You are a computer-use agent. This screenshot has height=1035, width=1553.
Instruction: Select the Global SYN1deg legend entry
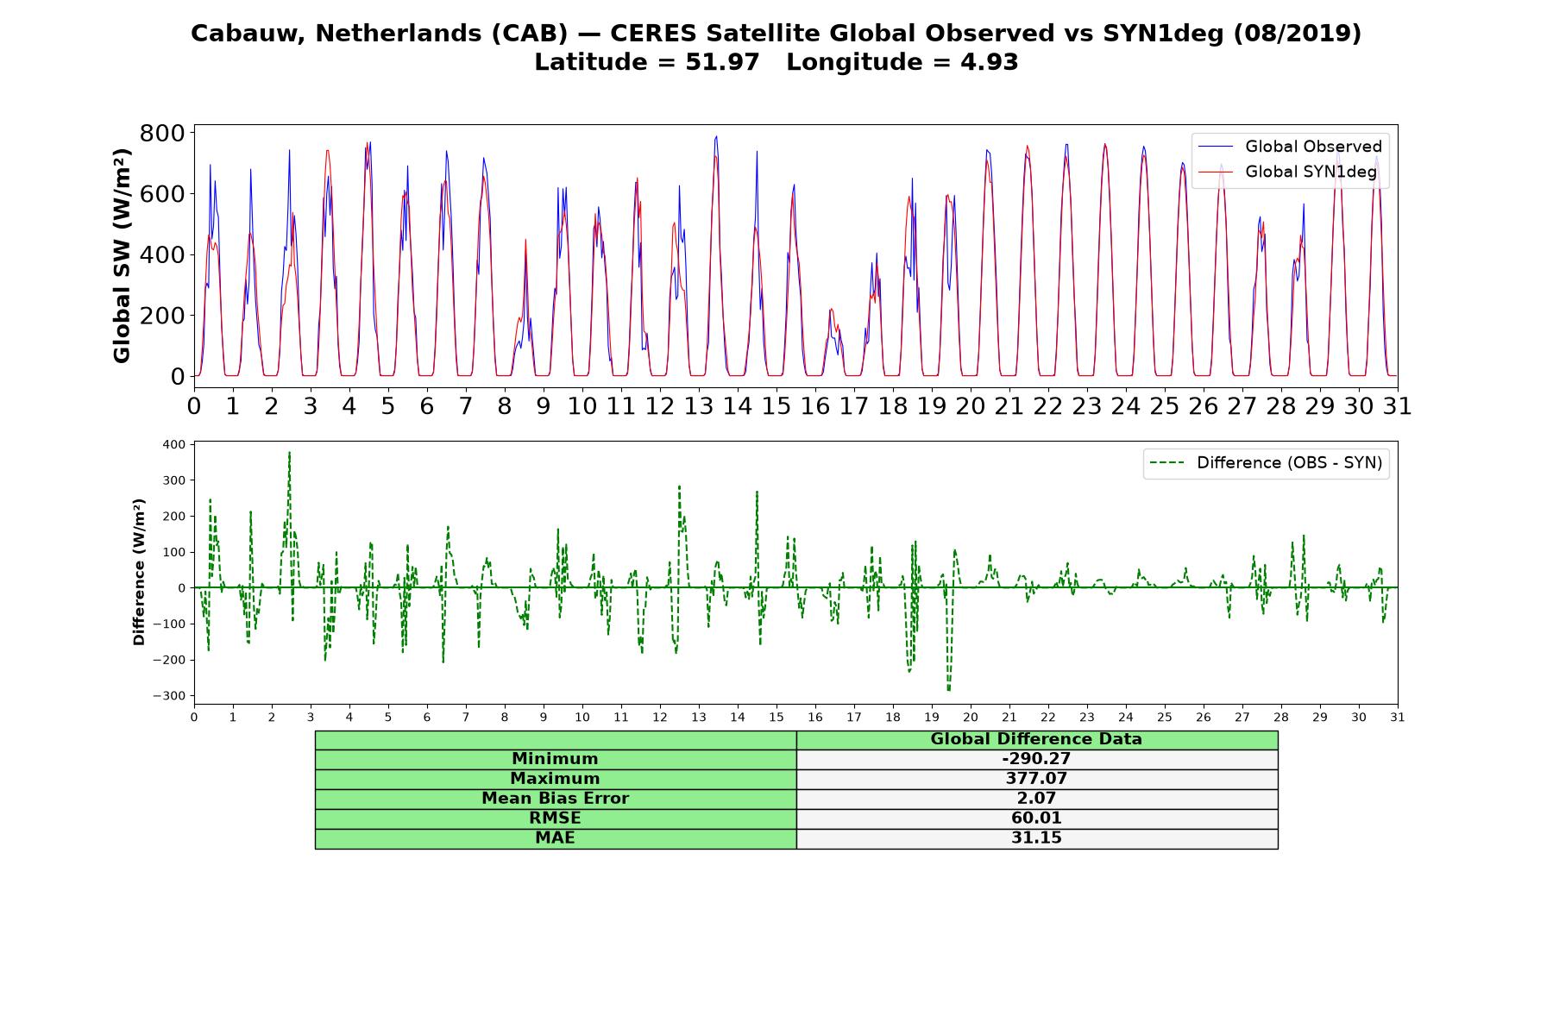pyautogui.click(x=1287, y=172)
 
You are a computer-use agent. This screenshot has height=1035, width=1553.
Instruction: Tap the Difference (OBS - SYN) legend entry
pyautogui.click(x=1267, y=463)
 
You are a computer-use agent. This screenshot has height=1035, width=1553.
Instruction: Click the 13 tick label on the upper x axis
pyautogui.click(x=698, y=405)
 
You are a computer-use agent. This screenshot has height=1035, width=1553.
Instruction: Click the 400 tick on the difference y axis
pyautogui.click(x=173, y=444)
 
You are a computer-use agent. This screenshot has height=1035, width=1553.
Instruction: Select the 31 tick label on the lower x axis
pyautogui.click(x=1398, y=717)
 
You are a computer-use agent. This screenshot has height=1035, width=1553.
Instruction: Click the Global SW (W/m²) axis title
pyautogui.click(x=122, y=255)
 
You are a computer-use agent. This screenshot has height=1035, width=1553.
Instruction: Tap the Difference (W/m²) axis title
pyautogui.click(x=139, y=572)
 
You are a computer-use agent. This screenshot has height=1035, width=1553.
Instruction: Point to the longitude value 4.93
pyautogui.click(x=989, y=62)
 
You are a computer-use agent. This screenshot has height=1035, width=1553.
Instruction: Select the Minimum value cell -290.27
pyautogui.click(x=1036, y=759)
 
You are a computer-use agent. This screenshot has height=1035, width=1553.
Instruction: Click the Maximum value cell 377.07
pyautogui.click(x=1036, y=779)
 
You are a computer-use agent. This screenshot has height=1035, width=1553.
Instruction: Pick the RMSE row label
pyautogui.click(x=555, y=819)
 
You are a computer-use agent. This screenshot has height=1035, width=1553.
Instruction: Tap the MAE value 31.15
pyautogui.click(x=1036, y=838)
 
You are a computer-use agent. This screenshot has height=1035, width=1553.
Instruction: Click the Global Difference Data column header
pyautogui.click(x=1036, y=739)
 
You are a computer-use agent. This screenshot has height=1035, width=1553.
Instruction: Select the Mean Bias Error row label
pyautogui.click(x=555, y=799)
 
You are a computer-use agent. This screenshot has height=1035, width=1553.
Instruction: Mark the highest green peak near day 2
pyautogui.click(x=289, y=452)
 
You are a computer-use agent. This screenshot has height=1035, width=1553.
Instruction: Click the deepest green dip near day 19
pyautogui.click(x=948, y=691)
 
